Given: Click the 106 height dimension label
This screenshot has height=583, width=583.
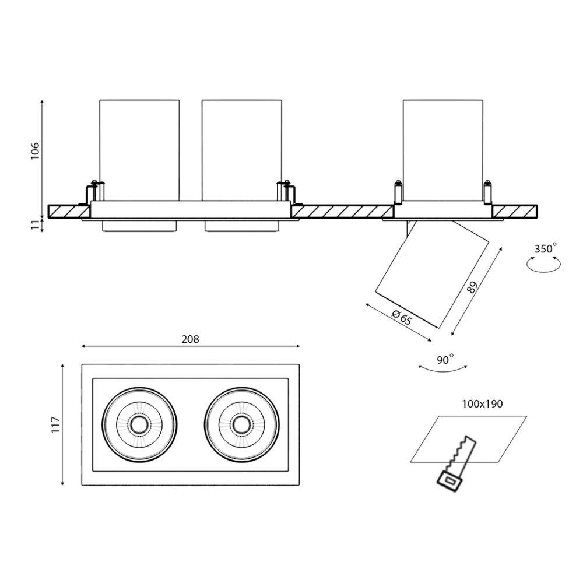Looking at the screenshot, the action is click(x=34, y=150).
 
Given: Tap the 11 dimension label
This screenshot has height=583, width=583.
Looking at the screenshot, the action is click(x=35, y=224).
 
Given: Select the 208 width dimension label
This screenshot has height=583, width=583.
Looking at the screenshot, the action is click(x=191, y=339).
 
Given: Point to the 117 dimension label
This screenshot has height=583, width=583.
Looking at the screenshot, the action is click(x=55, y=424).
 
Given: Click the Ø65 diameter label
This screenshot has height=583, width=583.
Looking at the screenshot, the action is click(x=402, y=318).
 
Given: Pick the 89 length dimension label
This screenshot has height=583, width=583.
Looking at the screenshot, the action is click(x=472, y=287).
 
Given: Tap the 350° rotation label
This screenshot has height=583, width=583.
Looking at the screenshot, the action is click(x=546, y=248).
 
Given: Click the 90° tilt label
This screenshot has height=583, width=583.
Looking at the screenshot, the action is click(x=445, y=360).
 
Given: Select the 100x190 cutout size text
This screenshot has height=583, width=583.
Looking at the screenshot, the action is click(x=482, y=404).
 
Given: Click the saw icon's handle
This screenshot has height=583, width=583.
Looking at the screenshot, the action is click(x=450, y=481).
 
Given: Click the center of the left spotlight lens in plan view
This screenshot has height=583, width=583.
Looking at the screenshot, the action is click(x=139, y=424).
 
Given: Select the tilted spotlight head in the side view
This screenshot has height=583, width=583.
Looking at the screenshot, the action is click(x=433, y=275).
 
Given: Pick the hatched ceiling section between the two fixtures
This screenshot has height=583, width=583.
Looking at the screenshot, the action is click(x=342, y=211).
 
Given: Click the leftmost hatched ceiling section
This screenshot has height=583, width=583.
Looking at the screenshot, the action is click(x=69, y=211).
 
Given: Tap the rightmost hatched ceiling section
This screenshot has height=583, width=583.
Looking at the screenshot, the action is click(x=515, y=211).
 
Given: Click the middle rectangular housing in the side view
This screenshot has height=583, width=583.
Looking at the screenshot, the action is click(x=242, y=150).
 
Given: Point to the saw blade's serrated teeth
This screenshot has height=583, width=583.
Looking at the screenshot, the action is click(x=458, y=451).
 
